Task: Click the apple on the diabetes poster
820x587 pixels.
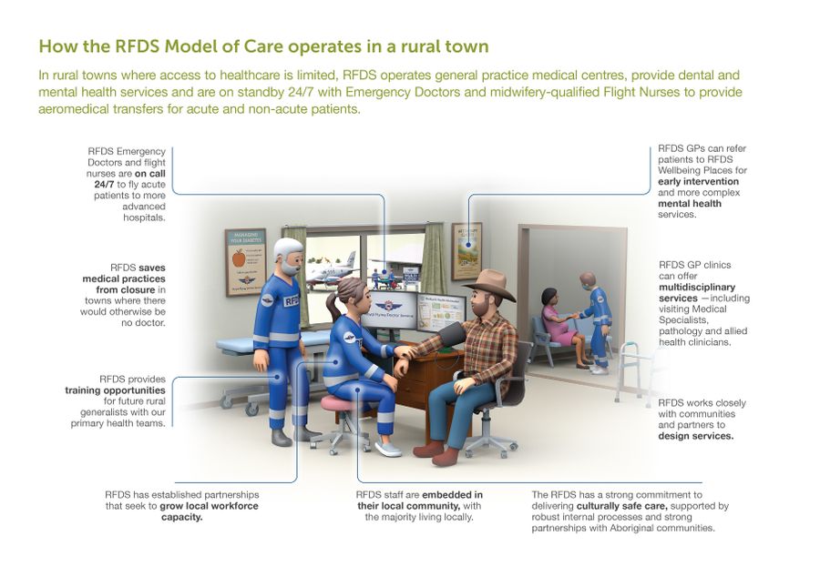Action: click(x=239, y=258)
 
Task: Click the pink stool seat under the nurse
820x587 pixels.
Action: click(x=343, y=402)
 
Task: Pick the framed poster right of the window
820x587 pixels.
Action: click(x=466, y=250)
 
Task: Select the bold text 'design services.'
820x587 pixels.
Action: click(x=696, y=436)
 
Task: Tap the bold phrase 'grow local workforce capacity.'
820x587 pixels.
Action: click(x=205, y=511)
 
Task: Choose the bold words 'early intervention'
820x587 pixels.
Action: click(x=699, y=181)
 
